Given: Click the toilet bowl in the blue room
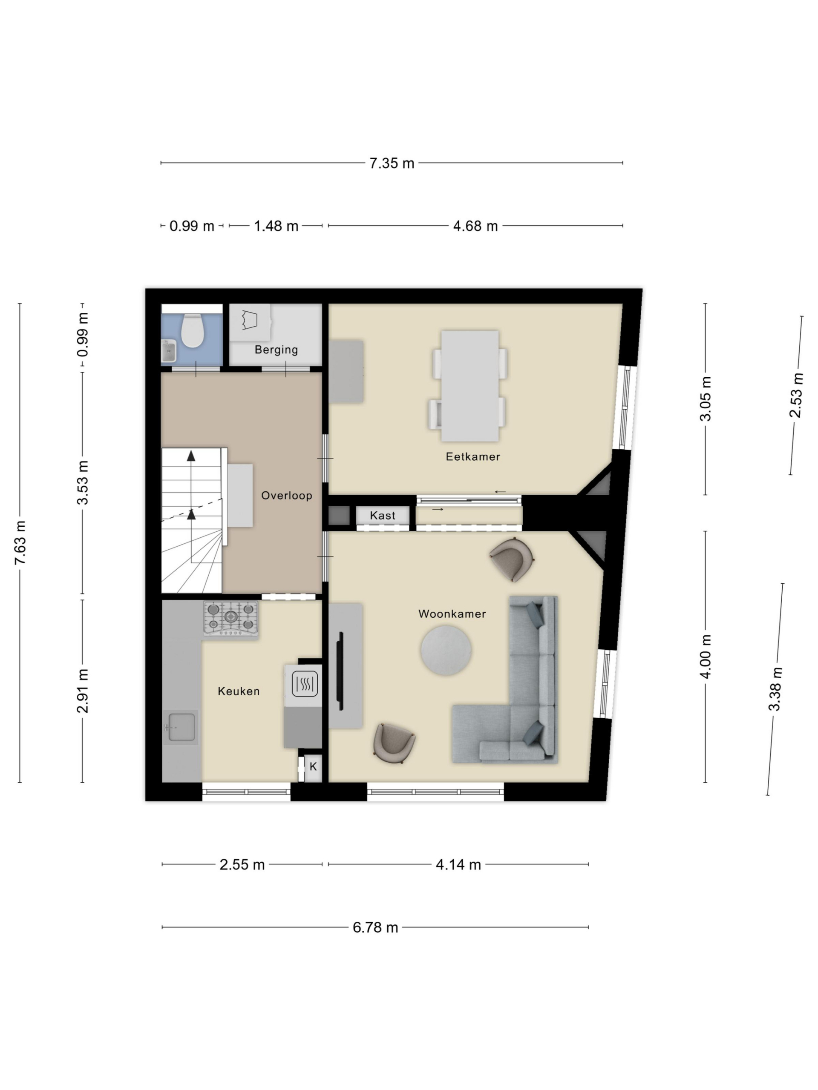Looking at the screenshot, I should [x=192, y=331].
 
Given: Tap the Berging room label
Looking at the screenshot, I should [x=276, y=350].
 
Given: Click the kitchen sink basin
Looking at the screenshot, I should [x=181, y=727].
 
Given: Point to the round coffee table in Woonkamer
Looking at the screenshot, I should [x=446, y=651].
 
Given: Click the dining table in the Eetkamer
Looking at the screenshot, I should [x=469, y=386].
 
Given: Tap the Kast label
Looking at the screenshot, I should [x=383, y=516].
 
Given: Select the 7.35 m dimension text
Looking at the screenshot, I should [x=392, y=163].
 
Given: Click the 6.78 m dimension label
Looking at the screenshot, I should [x=375, y=928].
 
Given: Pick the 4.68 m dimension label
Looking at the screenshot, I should [x=475, y=226].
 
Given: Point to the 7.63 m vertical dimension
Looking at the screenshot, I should [x=20, y=542].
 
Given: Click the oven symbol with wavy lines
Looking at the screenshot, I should [x=304, y=684].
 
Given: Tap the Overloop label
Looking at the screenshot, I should [x=286, y=496].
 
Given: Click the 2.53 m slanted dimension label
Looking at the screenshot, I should [x=796, y=396].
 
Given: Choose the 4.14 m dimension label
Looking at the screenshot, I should [x=458, y=865].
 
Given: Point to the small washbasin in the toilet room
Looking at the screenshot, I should [x=169, y=350].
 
